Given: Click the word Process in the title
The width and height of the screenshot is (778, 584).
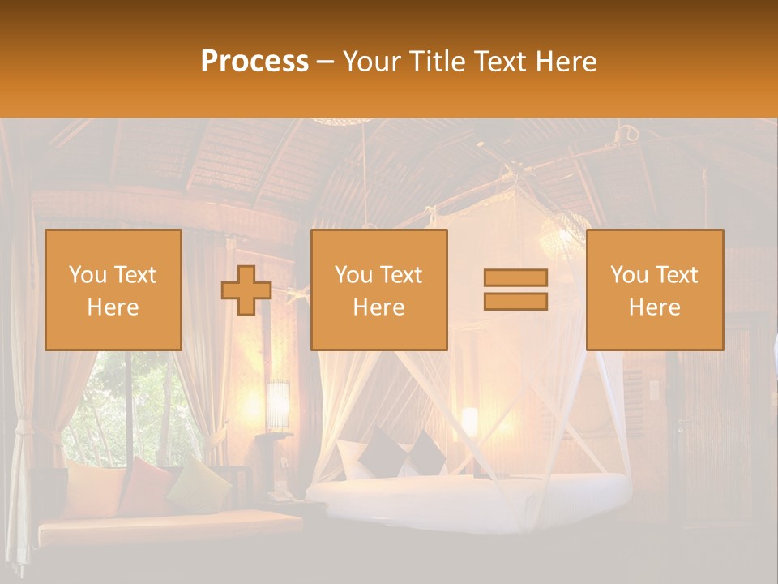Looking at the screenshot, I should (254, 61).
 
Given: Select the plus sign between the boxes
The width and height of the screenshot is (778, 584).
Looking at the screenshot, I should (246, 290).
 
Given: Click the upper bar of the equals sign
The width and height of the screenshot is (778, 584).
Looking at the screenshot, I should (515, 277).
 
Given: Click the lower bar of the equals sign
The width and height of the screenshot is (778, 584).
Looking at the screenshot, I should (515, 301).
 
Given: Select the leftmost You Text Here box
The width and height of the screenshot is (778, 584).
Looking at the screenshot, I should (113, 290).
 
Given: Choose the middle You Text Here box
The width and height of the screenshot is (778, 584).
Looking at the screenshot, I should (379, 290).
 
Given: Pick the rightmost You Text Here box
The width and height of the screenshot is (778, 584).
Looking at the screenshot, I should (655, 290).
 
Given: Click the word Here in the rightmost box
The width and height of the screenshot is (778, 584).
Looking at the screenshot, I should (655, 307).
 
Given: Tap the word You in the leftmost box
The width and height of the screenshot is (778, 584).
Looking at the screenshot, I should (87, 275).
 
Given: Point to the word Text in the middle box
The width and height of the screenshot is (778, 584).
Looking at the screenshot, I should (401, 275).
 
